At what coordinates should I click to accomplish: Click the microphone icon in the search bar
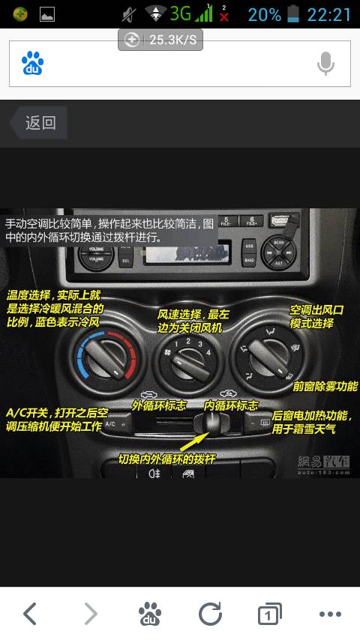pos(325,64)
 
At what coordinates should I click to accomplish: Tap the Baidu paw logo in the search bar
pos(32,64)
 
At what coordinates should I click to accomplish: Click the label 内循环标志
pos(231,405)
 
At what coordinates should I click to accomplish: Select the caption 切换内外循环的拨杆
pos(166,459)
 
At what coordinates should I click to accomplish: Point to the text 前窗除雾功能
pos(325,387)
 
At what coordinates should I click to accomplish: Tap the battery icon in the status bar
pos(293,14)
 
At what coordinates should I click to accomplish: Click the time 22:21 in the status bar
pos(328,14)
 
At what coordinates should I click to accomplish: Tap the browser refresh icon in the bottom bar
pos(210,615)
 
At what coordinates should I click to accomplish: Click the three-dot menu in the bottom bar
pos(330,615)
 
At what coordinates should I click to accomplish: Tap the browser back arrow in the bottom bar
pos(30,615)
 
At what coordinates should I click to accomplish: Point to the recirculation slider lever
pos(211,425)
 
